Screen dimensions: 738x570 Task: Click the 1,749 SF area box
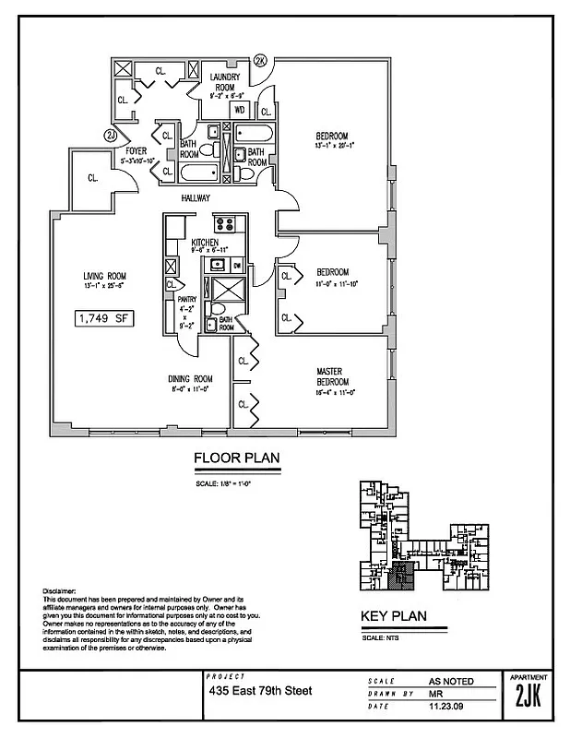(x=104, y=319)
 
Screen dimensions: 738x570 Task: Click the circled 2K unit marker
(x=260, y=60)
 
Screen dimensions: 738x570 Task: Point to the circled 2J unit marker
(x=111, y=136)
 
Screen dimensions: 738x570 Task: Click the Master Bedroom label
(x=329, y=377)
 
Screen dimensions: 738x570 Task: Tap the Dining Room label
(x=190, y=378)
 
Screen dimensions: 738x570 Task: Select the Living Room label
(x=104, y=276)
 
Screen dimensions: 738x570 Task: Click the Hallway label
(x=196, y=198)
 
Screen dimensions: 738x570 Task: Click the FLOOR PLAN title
(x=236, y=458)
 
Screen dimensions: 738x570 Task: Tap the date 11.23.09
(x=451, y=706)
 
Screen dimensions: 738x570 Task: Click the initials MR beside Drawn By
(x=438, y=694)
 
